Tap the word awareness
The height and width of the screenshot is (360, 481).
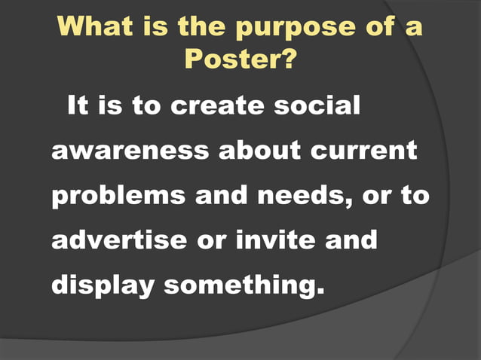129,151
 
